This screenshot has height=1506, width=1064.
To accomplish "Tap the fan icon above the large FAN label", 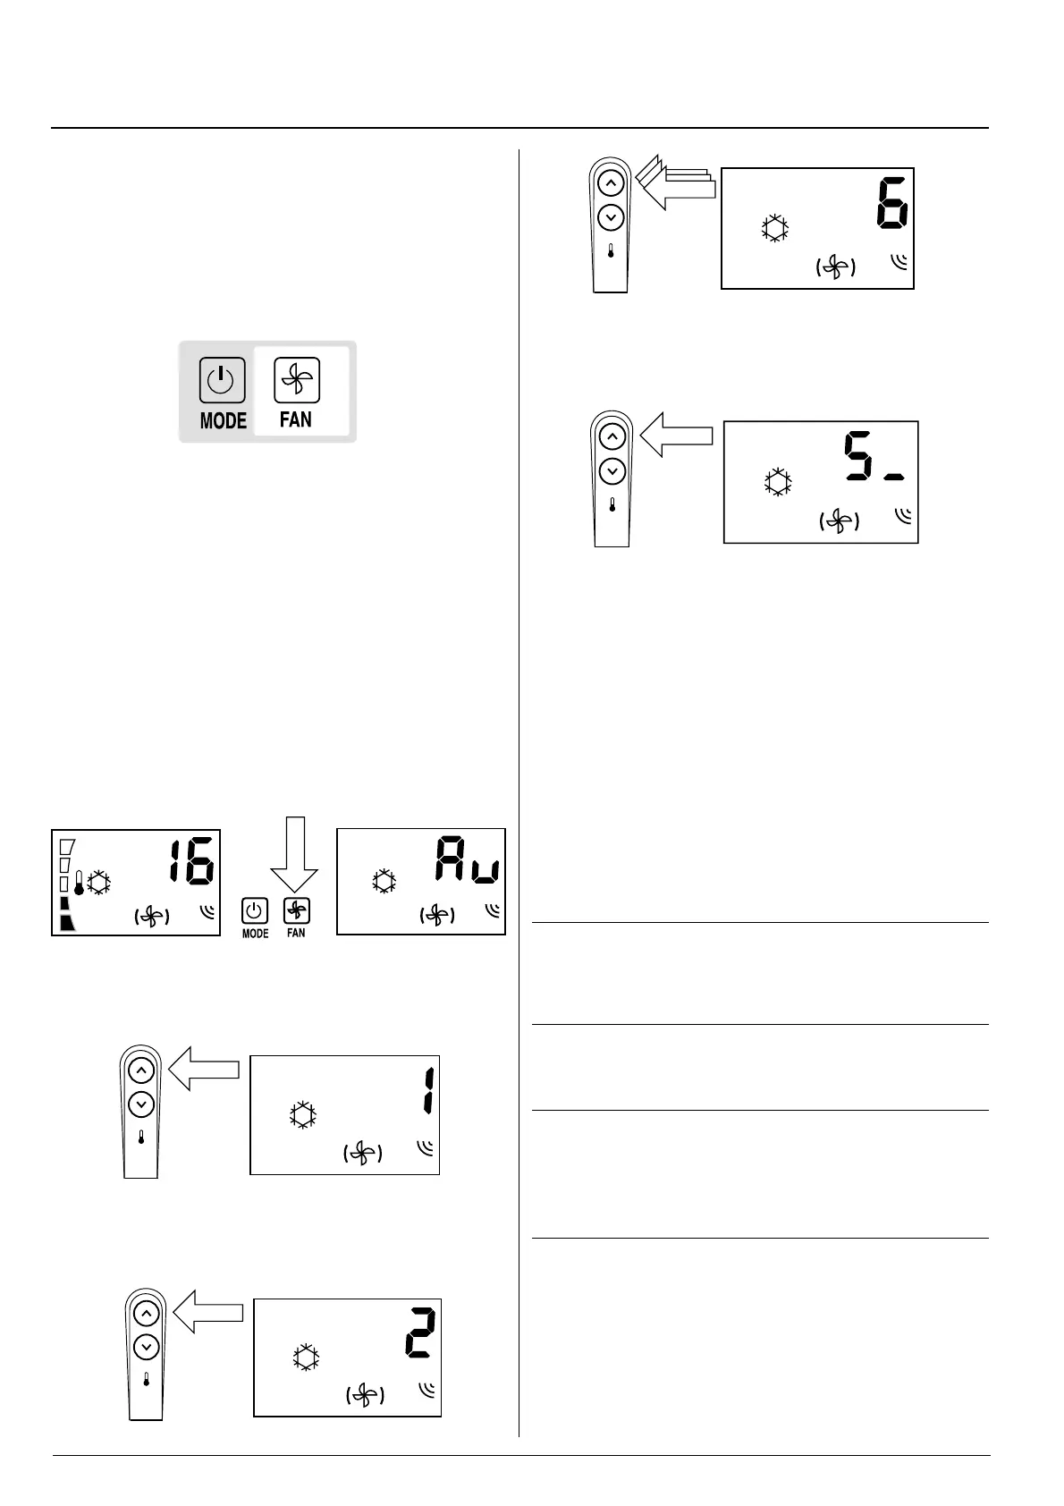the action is (x=296, y=380).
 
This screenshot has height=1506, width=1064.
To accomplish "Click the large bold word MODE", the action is (x=223, y=420).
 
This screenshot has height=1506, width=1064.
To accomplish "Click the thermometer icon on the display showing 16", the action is (x=79, y=884).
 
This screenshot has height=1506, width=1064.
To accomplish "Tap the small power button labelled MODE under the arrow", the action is (x=255, y=911).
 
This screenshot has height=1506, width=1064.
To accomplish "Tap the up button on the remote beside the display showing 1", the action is (x=141, y=1070).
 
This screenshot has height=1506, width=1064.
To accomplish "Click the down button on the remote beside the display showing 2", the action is (x=146, y=1346).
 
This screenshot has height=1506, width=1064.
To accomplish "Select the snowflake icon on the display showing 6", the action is (x=775, y=228).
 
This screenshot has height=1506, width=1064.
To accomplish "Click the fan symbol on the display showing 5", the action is (x=839, y=521).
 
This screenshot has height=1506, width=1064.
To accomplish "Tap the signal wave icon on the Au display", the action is (x=492, y=911).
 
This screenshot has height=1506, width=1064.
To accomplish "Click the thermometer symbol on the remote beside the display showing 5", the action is (x=612, y=505).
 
